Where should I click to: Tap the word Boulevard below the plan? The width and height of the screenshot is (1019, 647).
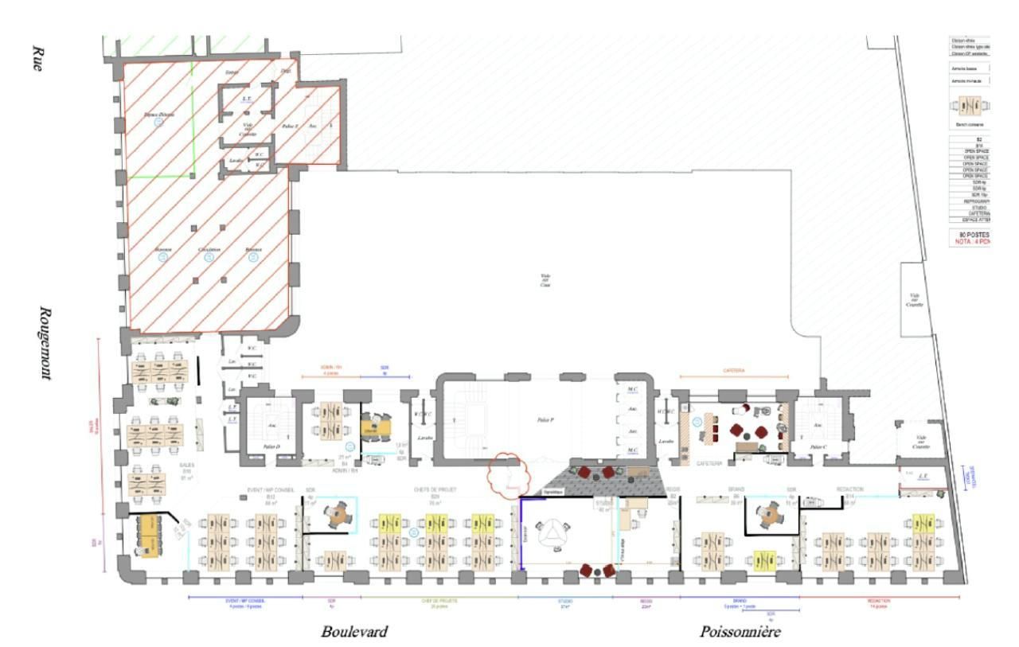[x=354, y=632]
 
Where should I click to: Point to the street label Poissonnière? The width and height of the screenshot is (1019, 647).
[x=740, y=632]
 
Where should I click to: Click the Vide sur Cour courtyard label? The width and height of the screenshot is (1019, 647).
[x=545, y=280]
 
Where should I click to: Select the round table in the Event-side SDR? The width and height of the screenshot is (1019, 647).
[x=339, y=515]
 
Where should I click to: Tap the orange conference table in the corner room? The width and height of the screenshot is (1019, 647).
[x=148, y=534]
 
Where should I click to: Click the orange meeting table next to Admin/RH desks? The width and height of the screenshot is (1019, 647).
[x=374, y=428]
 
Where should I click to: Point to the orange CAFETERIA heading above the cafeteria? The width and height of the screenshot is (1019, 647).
[x=733, y=370]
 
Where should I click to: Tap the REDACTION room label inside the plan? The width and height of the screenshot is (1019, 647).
[x=850, y=489]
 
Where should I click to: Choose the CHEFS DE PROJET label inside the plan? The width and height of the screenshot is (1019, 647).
[x=433, y=489]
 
